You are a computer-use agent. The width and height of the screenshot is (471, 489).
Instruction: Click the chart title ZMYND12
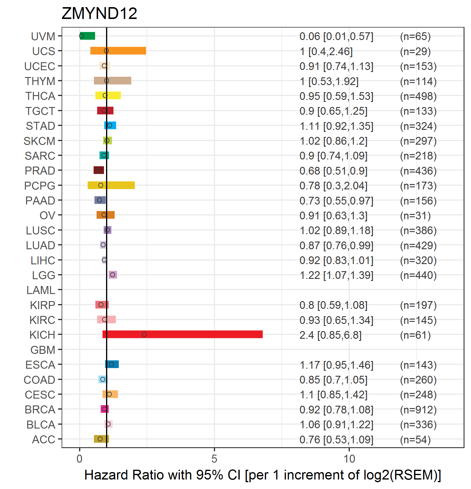(99, 13)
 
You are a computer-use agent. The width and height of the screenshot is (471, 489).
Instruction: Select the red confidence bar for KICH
(182, 334)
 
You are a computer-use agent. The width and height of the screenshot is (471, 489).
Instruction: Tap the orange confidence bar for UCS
(118, 51)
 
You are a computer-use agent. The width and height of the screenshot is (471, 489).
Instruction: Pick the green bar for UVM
(87, 36)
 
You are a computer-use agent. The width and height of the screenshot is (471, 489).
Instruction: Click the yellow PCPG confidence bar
(111, 185)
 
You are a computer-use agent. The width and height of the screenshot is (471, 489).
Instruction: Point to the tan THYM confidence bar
(113, 81)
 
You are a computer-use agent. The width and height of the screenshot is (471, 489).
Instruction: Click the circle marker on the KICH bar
(144, 334)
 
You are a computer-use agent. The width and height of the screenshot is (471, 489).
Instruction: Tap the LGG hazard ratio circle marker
(113, 275)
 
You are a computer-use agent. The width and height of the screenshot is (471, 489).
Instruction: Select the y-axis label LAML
(41, 290)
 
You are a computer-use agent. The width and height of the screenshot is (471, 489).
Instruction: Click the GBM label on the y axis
(43, 350)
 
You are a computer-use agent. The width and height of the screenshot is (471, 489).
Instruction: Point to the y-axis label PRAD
(40, 171)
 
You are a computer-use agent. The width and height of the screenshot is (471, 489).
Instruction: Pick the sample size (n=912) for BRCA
(418, 410)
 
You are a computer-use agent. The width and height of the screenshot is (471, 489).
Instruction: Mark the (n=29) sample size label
(415, 51)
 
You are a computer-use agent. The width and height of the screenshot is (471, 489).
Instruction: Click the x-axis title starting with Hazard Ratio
(263, 475)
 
